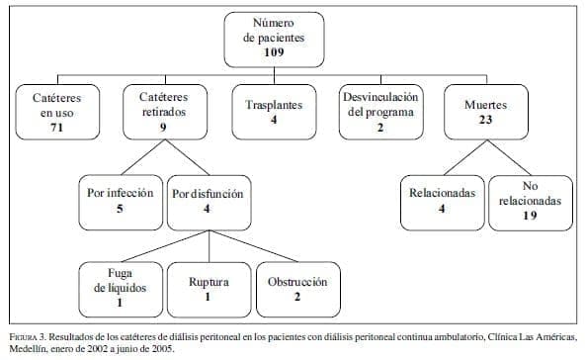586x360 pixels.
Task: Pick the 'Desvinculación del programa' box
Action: point(380,112)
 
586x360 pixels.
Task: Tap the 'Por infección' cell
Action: point(119,200)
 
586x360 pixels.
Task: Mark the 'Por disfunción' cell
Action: point(207,200)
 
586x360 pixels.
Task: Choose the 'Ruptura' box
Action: point(209,288)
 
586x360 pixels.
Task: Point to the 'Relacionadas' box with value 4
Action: point(441,199)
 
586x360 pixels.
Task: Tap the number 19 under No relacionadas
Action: point(530,215)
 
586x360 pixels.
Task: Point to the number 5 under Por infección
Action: point(119,209)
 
